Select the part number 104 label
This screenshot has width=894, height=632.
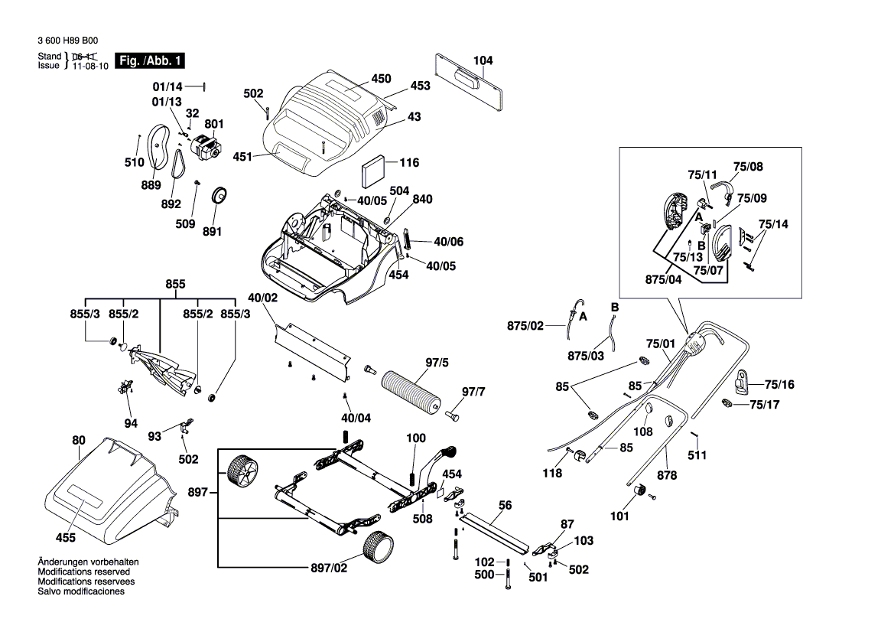(x=483, y=60)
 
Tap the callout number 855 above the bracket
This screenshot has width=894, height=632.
(x=175, y=284)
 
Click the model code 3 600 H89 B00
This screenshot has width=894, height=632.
(x=67, y=41)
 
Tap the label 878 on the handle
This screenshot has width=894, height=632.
(x=667, y=475)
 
